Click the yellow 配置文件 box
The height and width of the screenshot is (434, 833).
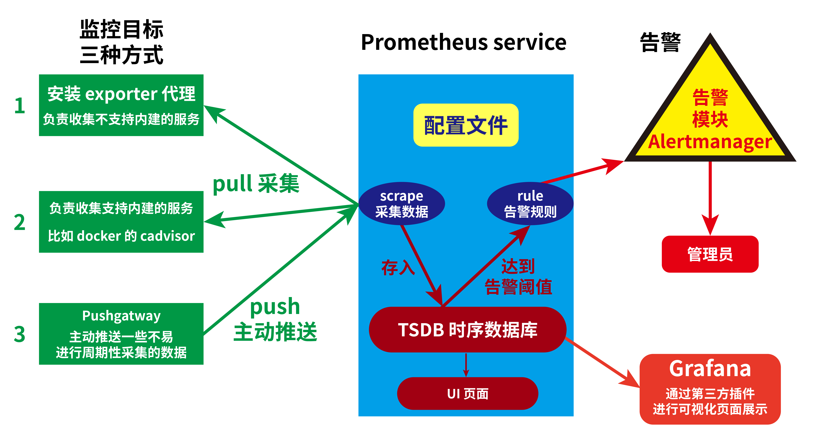(x=466, y=125)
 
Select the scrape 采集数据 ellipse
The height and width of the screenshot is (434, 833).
(x=402, y=204)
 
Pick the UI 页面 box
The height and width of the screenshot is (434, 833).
(x=467, y=394)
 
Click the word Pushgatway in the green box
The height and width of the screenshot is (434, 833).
(x=121, y=316)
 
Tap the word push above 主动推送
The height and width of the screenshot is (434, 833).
(x=275, y=307)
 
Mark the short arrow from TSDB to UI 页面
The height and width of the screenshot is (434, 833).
(x=466, y=365)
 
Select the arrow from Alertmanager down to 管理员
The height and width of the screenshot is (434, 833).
(x=710, y=197)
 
